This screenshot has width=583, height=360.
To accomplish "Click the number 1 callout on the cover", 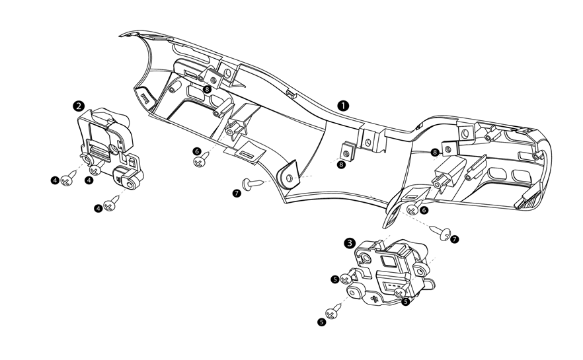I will (x=343, y=105).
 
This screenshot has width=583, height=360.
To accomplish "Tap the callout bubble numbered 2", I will (x=79, y=105).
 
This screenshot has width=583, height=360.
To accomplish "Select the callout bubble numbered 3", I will (x=349, y=242).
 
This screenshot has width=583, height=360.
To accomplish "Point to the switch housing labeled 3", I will (x=390, y=271).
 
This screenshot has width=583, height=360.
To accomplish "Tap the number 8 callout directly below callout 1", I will (x=341, y=164).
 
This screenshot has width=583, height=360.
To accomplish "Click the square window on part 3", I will (x=387, y=260).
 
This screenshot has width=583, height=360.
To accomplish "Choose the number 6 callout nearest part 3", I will (x=424, y=209).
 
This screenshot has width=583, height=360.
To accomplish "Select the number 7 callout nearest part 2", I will (x=237, y=192).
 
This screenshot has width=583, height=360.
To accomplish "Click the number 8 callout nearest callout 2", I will (x=207, y=89).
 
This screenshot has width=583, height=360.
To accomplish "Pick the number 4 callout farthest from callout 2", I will (x=98, y=208).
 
